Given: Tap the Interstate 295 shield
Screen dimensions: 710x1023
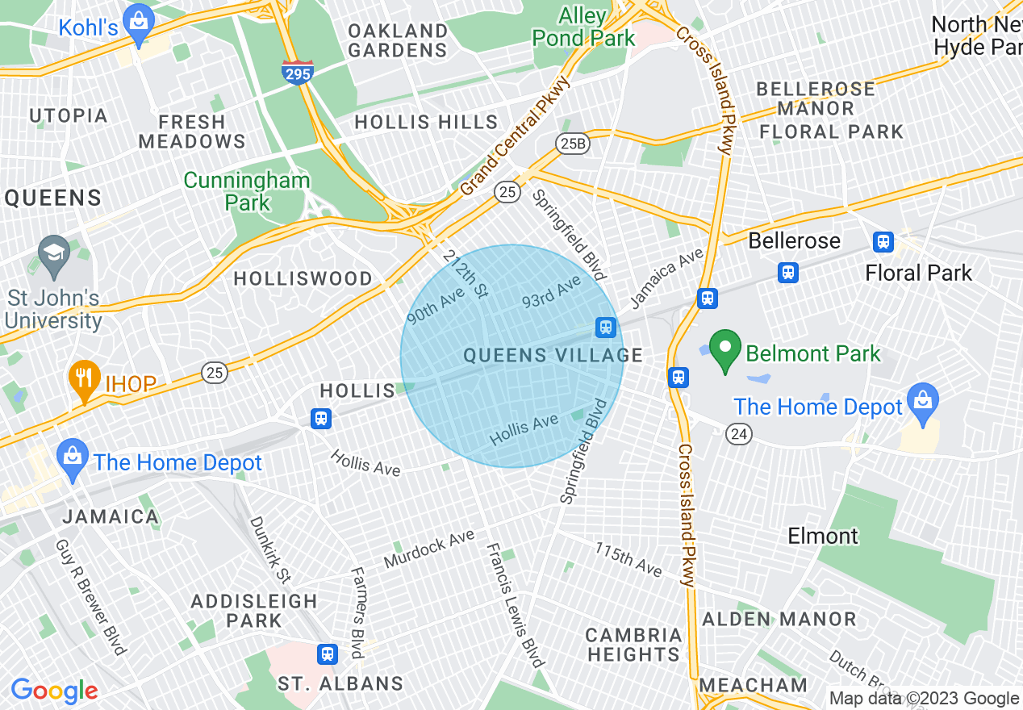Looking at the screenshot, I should (298, 73).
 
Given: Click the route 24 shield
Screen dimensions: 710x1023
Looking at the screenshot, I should (739, 433).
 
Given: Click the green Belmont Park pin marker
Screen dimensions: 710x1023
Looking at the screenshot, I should (725, 352).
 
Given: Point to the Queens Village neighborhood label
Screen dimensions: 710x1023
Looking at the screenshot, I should (553, 355).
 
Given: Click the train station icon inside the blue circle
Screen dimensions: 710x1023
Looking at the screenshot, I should (606, 327).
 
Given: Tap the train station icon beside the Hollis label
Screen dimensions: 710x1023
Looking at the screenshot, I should (321, 418).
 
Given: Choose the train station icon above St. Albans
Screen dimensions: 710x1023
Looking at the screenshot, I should (328, 654).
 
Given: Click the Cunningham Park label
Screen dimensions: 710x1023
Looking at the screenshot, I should (246, 191).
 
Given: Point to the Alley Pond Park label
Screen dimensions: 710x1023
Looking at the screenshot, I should (582, 27).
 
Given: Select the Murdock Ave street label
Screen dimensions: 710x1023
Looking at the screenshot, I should (428, 549).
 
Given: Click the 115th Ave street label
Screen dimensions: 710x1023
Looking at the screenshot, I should (628, 559).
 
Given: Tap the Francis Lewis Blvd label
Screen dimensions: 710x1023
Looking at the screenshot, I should (515, 605).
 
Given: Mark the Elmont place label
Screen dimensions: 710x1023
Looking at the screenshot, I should (823, 536).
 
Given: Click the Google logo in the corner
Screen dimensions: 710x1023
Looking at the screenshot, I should (54, 691).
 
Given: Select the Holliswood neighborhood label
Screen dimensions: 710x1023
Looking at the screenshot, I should (303, 279).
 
